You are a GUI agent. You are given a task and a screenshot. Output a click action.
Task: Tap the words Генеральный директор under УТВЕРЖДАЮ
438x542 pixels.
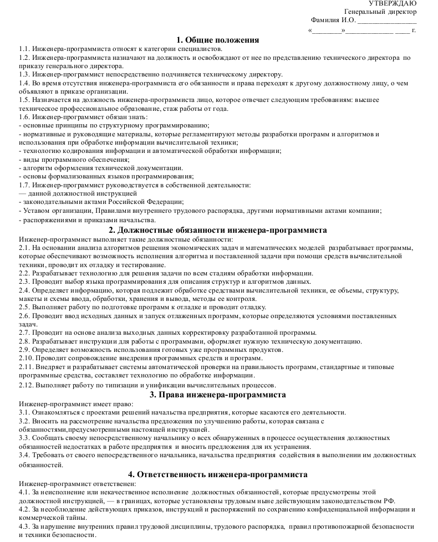point(380,12)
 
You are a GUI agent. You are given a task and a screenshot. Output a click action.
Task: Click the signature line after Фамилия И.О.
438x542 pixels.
point(387,22)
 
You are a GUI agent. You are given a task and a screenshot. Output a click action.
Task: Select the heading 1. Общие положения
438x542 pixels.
point(218,40)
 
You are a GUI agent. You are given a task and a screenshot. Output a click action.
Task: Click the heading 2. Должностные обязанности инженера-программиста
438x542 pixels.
point(218,230)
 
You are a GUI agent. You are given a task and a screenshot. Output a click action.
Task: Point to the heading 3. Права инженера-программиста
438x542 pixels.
point(218,395)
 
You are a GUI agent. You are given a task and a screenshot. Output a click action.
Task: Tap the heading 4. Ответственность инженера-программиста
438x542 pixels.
point(218,474)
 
